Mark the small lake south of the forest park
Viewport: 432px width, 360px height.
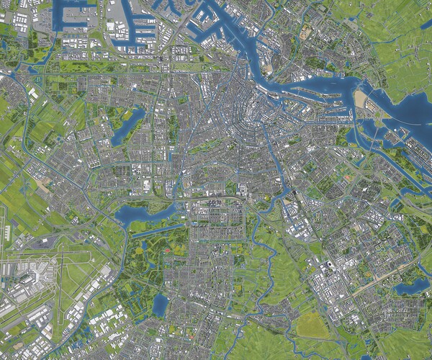pos(159,305)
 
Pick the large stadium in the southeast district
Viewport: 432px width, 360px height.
pos(328,267)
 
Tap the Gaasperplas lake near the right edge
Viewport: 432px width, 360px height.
pos(412,286)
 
